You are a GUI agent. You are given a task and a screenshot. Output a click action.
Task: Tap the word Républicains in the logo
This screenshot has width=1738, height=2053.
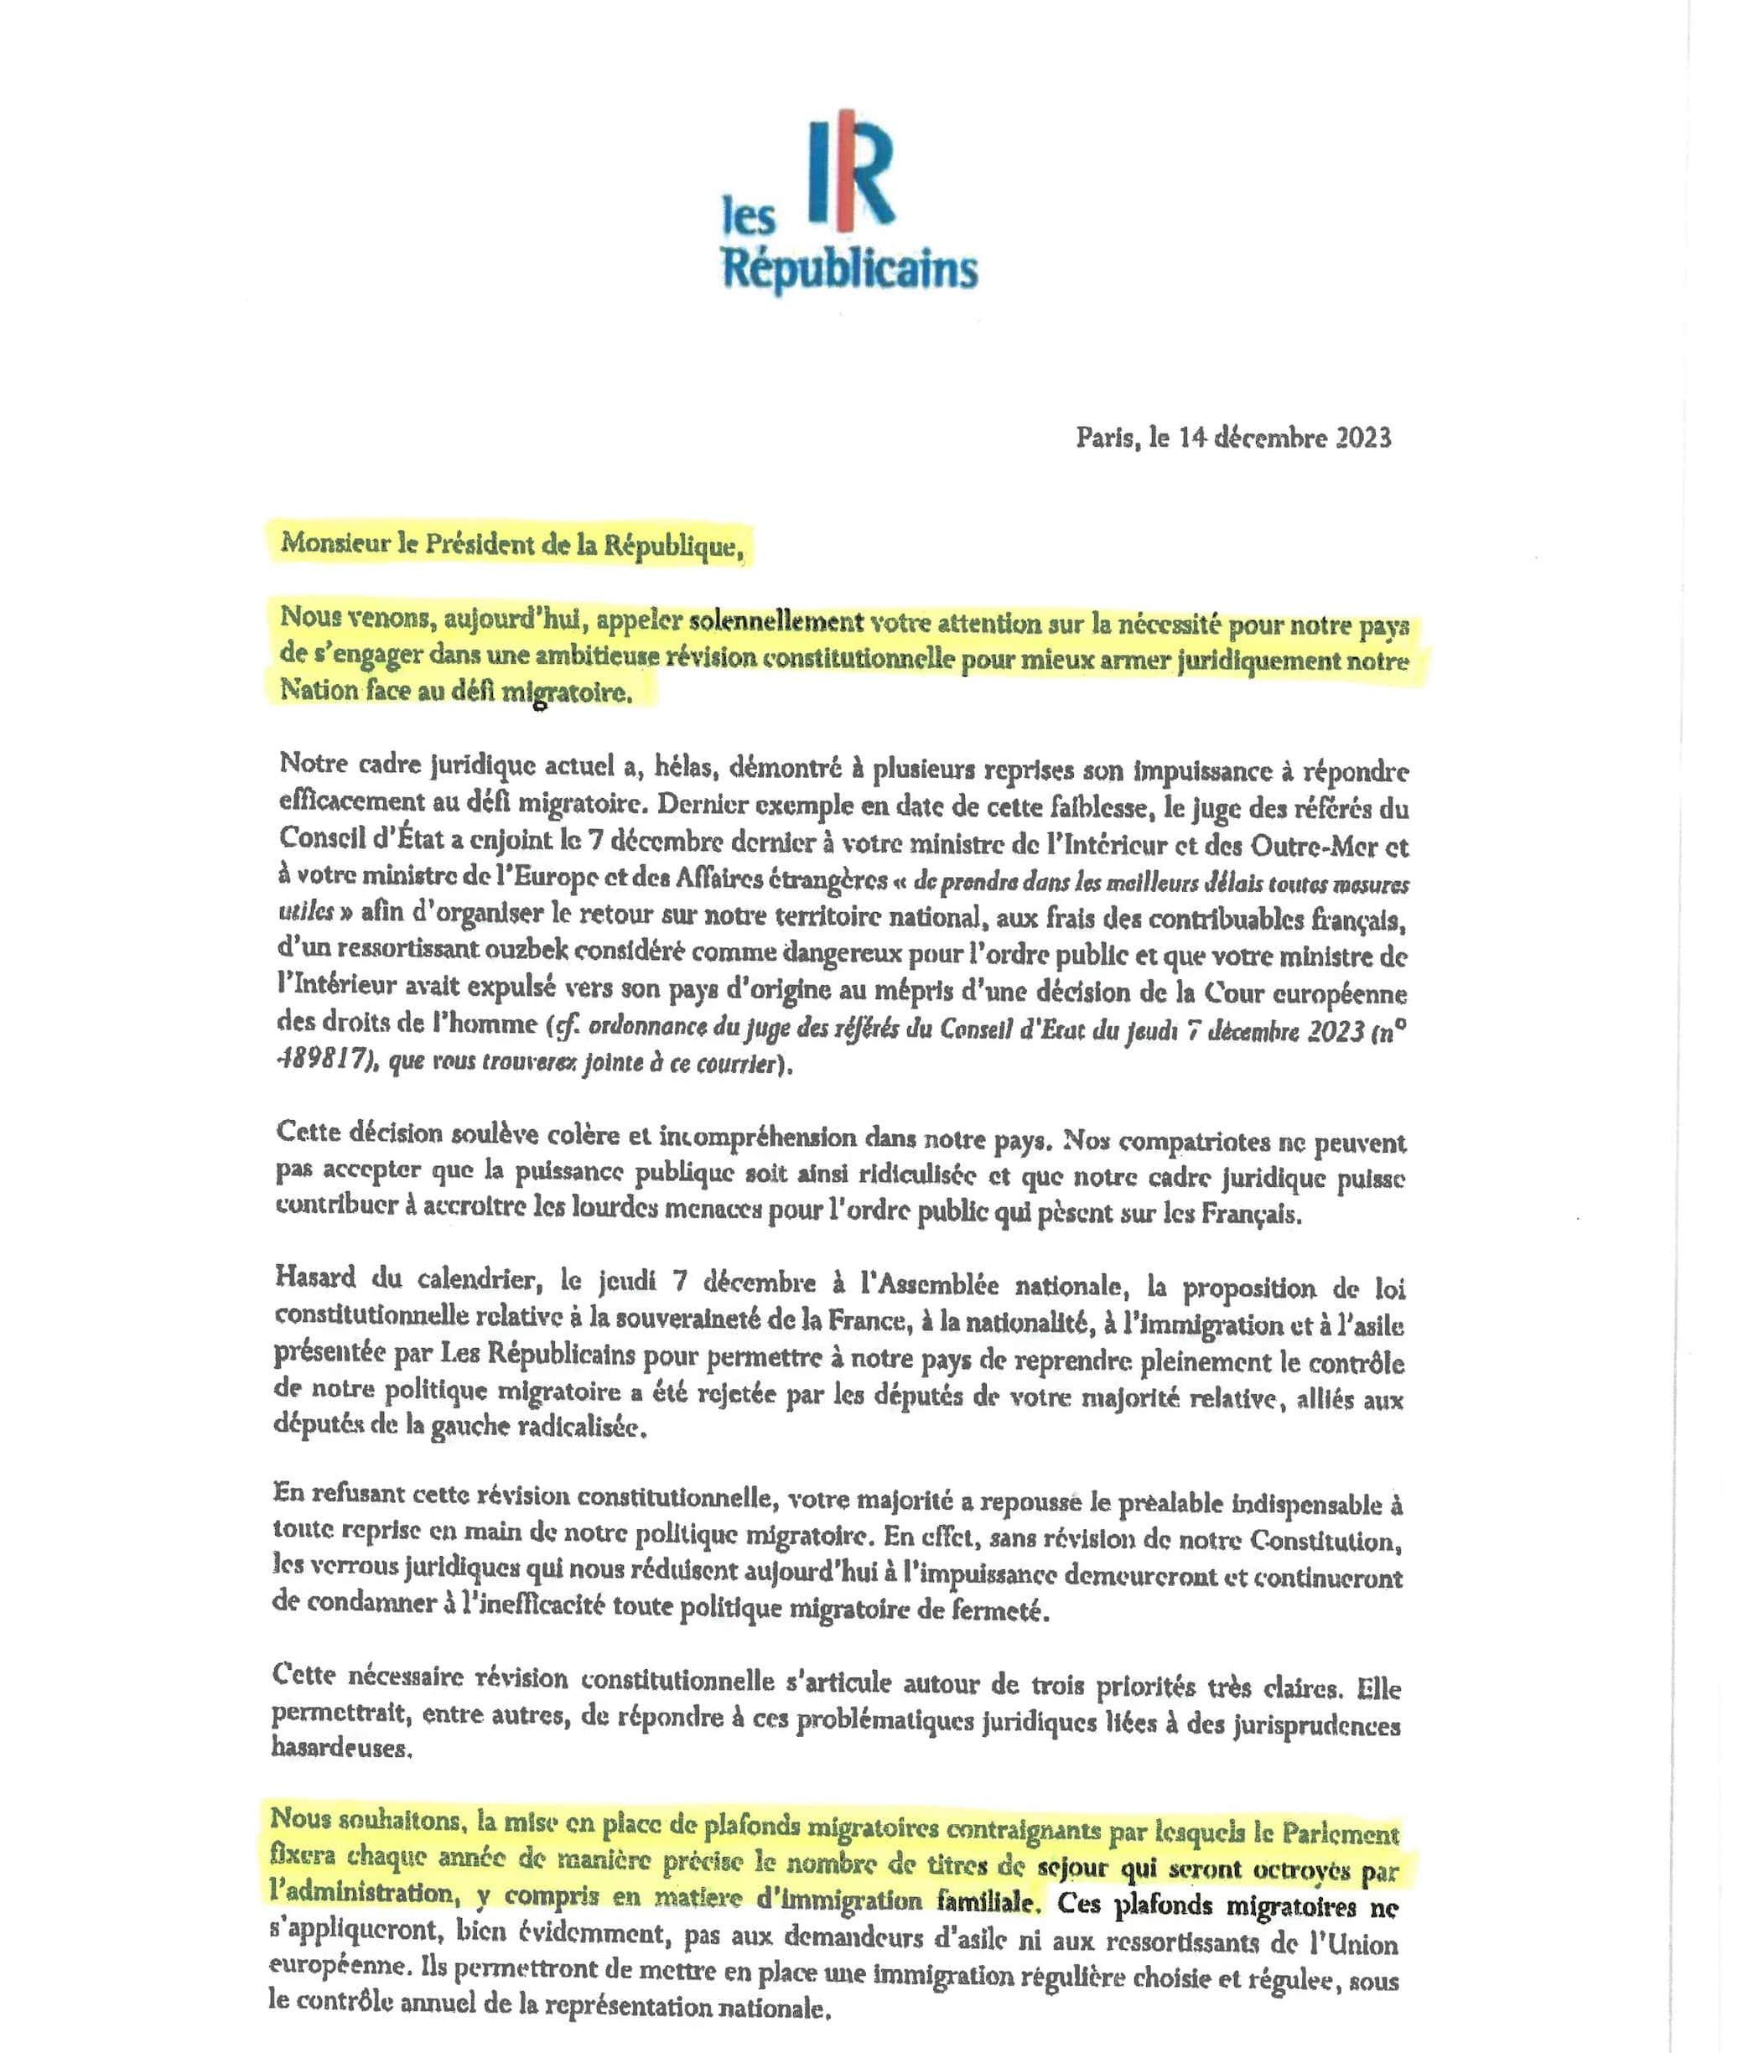(849, 268)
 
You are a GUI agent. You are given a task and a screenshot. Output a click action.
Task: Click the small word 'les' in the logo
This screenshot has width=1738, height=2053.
(749, 218)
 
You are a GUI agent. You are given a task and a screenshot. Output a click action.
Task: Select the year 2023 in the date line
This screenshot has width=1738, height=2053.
(1362, 438)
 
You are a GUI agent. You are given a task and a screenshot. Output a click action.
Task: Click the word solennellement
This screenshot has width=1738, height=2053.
(776, 623)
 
